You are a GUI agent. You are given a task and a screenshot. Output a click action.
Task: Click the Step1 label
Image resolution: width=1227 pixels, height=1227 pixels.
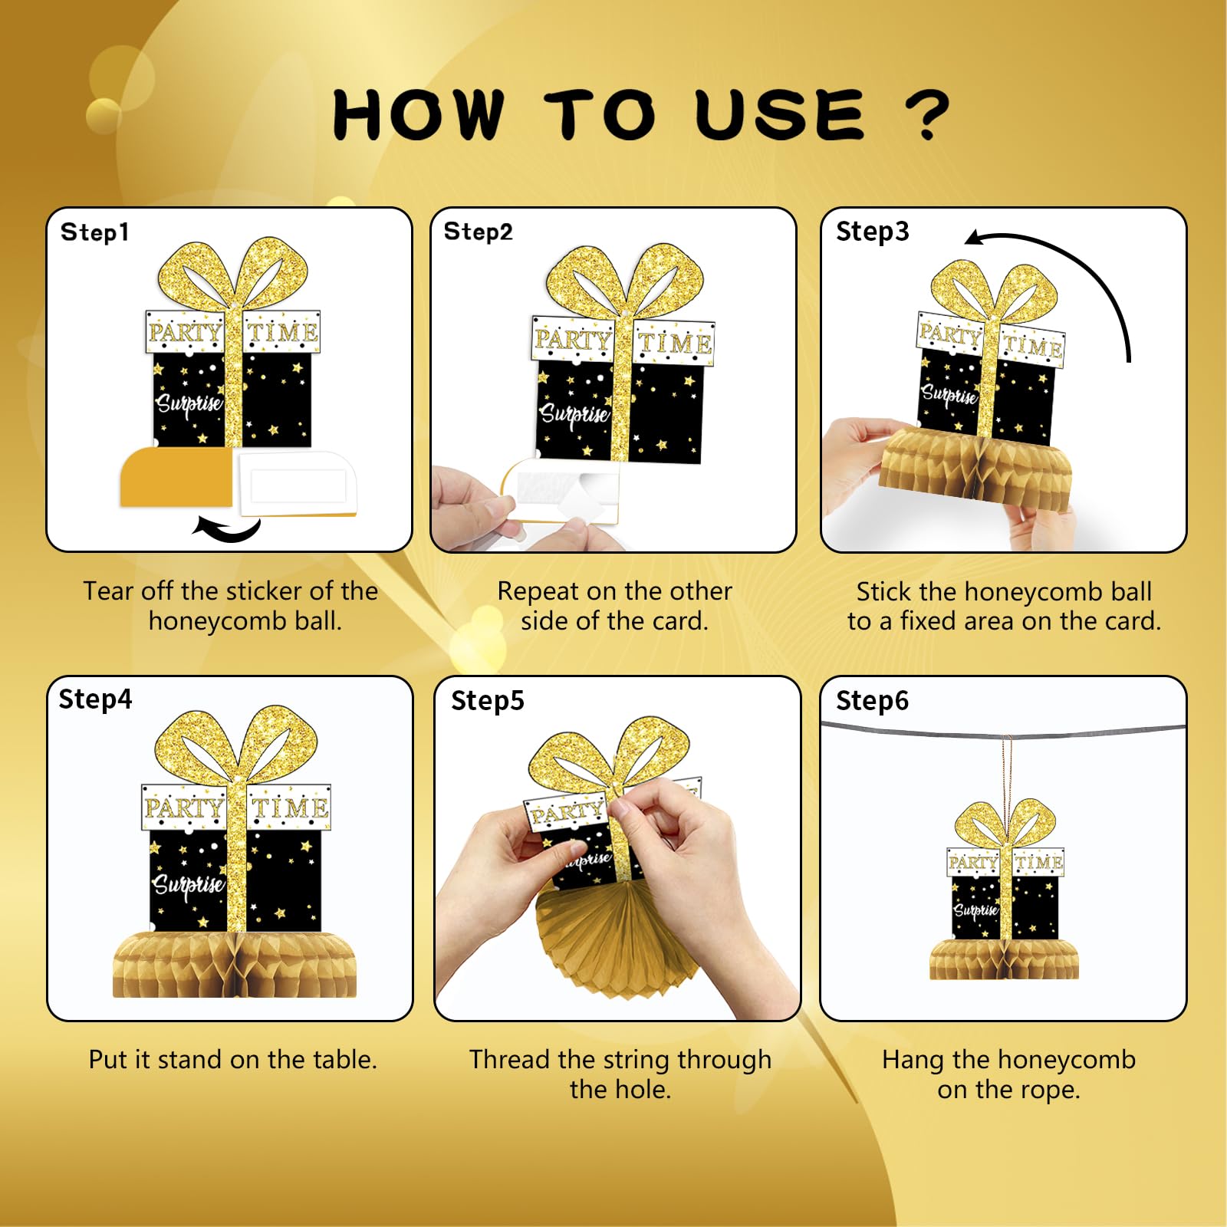tap(94, 232)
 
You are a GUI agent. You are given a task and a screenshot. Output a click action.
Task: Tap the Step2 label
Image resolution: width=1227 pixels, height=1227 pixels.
tap(478, 232)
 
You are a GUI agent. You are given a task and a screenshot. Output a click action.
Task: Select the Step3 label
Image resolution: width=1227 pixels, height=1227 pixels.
tap(872, 232)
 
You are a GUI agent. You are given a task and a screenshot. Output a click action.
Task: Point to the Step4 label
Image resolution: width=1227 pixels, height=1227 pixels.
tap(95, 699)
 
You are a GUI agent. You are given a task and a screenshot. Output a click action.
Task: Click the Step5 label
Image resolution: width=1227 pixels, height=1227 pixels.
tap(487, 701)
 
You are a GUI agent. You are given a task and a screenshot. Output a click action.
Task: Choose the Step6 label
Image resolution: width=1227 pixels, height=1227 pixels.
tap(872, 701)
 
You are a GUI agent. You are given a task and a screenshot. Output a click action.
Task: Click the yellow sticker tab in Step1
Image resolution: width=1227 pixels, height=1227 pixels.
tap(176, 479)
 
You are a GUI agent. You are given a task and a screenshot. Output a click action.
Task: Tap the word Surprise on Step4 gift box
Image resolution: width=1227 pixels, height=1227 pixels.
tap(188, 884)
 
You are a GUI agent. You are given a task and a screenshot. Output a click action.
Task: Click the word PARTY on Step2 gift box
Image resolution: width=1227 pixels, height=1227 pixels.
tap(572, 339)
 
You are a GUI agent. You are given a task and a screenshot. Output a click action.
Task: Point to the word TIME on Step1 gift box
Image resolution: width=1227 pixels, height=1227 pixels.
tap(282, 332)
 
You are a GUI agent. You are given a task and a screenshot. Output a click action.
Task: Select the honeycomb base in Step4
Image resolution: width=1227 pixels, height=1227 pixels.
tap(234, 966)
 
